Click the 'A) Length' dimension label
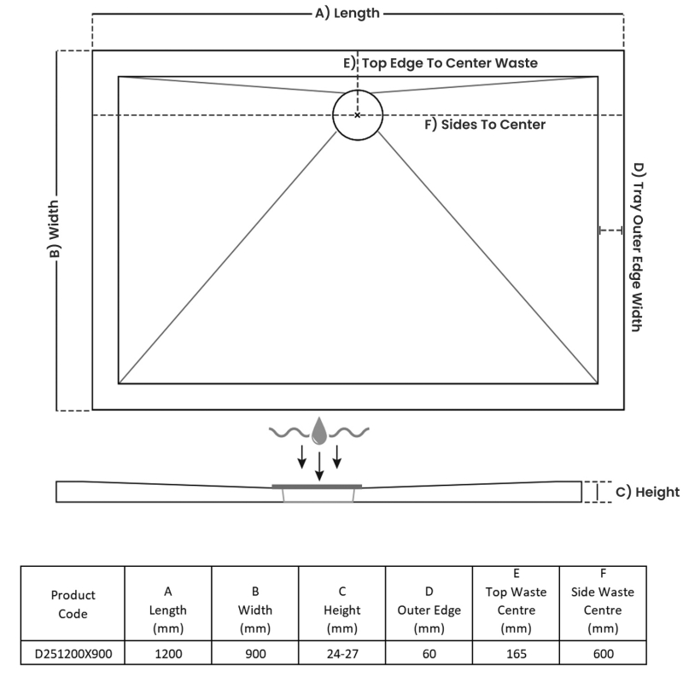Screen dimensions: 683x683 click(x=347, y=13)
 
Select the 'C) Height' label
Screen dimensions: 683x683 click(x=647, y=492)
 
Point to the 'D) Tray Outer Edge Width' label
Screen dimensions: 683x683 click(x=636, y=247)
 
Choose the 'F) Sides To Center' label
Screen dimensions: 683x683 click(x=485, y=125)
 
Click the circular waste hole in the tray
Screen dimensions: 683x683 click(x=358, y=114)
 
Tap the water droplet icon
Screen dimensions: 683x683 click(x=319, y=431)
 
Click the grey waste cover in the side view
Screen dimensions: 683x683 click(x=318, y=486)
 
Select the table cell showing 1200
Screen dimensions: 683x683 click(x=168, y=654)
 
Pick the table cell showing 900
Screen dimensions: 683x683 click(x=255, y=654)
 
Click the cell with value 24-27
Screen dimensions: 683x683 click(x=341, y=654)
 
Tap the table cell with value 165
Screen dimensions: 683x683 click(x=516, y=654)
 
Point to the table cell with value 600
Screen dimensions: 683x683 click(x=603, y=654)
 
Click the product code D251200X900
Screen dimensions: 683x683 click(x=73, y=654)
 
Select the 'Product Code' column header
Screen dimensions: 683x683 click(x=73, y=604)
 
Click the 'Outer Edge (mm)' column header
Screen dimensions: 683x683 click(x=429, y=610)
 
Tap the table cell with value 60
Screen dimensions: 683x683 click(x=429, y=654)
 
